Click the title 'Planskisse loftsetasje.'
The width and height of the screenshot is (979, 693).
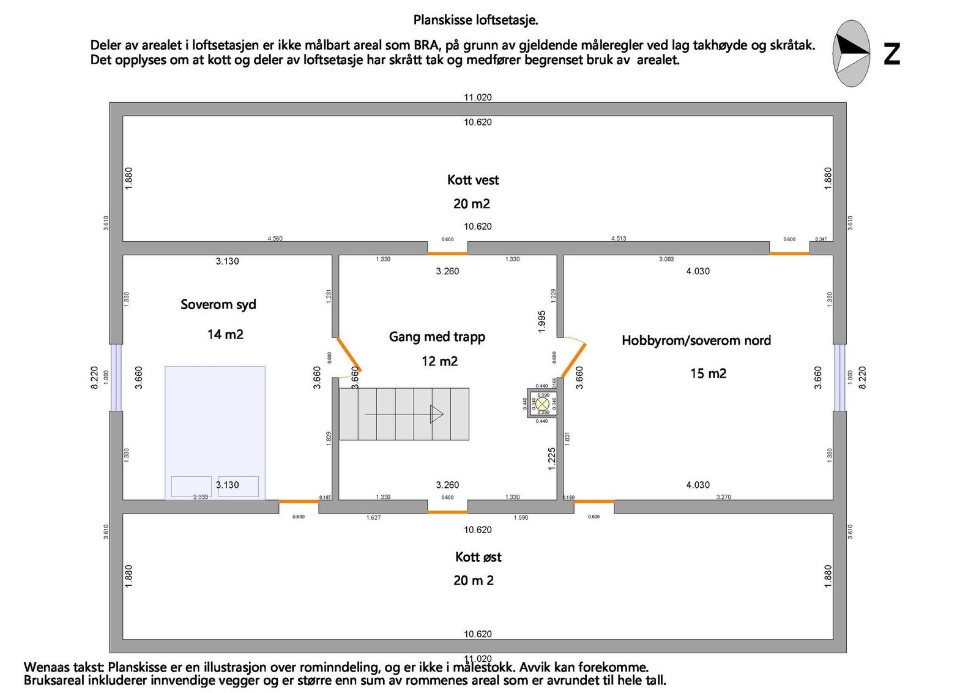(475, 20)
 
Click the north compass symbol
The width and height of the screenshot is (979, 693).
(851, 53)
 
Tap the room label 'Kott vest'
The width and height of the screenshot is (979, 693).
(472, 180)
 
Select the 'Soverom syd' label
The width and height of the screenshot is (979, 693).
(218, 305)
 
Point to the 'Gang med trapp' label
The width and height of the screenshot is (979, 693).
(437, 337)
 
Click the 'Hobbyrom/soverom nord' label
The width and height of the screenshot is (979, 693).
(696, 340)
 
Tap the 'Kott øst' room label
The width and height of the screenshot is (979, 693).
(478, 557)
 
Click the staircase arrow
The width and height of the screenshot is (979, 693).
(404, 414)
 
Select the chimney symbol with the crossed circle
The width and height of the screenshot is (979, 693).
(542, 403)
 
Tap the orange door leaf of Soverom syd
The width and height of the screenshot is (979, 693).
(349, 354)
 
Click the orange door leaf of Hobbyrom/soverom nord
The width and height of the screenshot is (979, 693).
(573, 360)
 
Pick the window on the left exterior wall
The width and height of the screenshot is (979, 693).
(116, 377)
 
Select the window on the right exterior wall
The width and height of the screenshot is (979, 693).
(839, 377)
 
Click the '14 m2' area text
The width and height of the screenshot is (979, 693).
(225, 334)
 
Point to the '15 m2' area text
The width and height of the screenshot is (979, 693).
(708, 373)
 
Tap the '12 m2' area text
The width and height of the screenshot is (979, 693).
(439, 361)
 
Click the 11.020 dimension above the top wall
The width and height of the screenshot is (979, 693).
(477, 97)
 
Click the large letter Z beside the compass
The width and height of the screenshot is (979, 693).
(892, 54)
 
